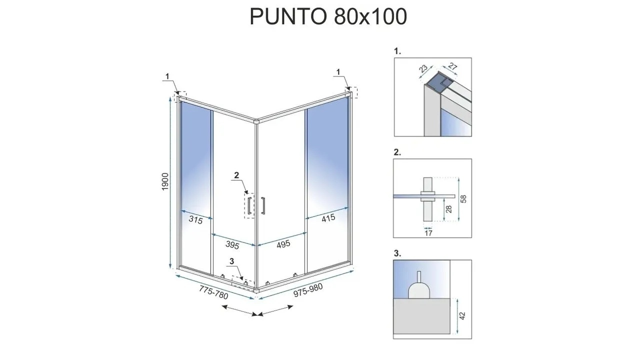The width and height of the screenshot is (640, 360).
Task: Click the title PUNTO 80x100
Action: pyautogui.click(x=328, y=16)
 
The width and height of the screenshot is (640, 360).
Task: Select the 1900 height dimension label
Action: pyautogui.click(x=165, y=181)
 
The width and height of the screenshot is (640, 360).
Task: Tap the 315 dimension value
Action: pyautogui.click(x=195, y=220)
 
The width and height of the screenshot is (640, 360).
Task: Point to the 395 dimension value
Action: pyautogui.click(x=232, y=245)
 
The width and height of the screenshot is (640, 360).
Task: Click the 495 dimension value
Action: pyautogui.click(x=283, y=244)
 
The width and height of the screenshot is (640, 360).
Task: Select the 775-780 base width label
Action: pyautogui.click(x=213, y=292)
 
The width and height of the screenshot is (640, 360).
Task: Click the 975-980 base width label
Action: pyautogui.click(x=308, y=290)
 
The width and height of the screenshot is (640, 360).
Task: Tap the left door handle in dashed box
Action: pyautogui.click(x=249, y=205)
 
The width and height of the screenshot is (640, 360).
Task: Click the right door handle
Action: pyautogui.click(x=262, y=205)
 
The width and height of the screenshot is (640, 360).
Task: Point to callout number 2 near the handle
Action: pyautogui.click(x=236, y=175)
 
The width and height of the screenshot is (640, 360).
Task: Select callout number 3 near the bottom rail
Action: pyautogui.click(x=231, y=261)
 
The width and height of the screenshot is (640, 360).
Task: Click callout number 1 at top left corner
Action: pyautogui.click(x=167, y=76)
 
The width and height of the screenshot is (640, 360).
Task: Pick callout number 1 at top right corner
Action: pyautogui.click(x=338, y=72)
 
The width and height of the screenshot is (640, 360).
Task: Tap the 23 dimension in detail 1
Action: pyautogui.click(x=423, y=68)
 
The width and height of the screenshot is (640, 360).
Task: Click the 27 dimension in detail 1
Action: pyautogui.click(x=453, y=66)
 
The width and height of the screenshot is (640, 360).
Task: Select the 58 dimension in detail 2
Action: pyautogui.click(x=463, y=199)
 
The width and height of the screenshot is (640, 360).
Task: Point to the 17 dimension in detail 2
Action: pyautogui.click(x=428, y=233)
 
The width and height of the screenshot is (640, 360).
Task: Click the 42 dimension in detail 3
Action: pyautogui.click(x=462, y=315)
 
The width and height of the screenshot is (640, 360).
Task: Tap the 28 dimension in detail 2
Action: pyautogui.click(x=449, y=209)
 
